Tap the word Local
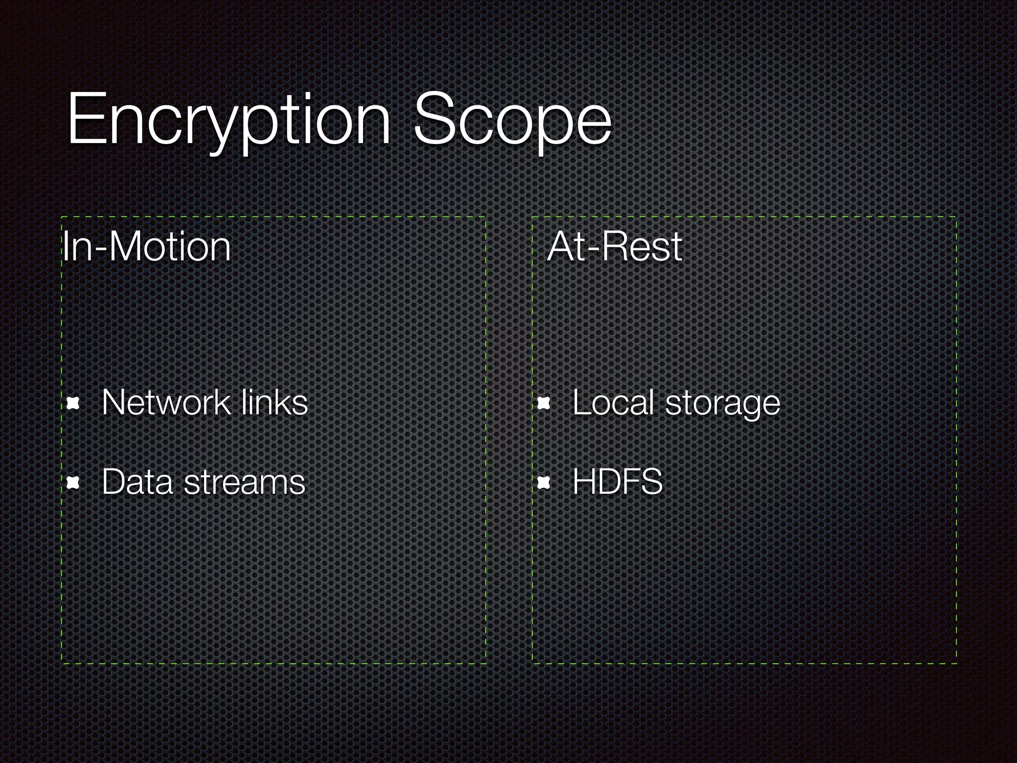pos(613,402)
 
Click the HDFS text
pos(617,482)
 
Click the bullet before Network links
pos(73,404)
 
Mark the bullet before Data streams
pos(73,482)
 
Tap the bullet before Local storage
pos(544,404)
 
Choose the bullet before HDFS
pos(544,482)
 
